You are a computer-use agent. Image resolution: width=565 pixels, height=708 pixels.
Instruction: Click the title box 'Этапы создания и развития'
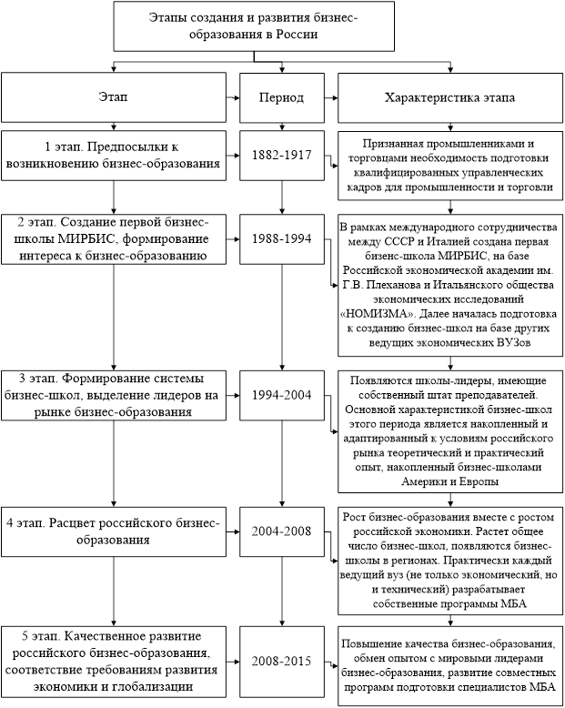282,27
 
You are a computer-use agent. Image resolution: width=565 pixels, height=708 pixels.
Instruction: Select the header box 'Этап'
113,96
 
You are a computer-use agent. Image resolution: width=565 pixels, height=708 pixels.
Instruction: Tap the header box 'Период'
282,96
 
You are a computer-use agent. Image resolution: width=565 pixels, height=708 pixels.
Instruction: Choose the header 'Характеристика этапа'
449,96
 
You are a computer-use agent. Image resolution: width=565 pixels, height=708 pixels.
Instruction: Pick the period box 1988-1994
282,238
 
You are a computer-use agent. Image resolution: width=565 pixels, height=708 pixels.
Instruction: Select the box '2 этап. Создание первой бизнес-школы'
113,238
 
